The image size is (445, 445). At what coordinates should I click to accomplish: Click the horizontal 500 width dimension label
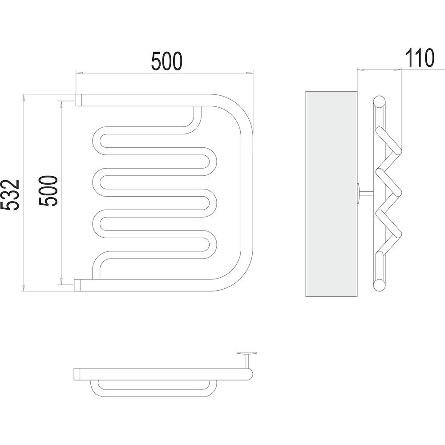pos(167,61)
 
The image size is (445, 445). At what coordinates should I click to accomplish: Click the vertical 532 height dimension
pos(10,194)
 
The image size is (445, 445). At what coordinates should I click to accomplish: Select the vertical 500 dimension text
pos(48,191)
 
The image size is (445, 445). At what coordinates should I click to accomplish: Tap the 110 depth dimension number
pos(419,58)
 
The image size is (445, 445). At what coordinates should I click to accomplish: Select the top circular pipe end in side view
pos(380,102)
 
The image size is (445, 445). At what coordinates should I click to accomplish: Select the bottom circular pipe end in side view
pos(380,285)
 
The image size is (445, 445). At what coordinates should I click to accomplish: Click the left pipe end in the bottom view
pos(77,374)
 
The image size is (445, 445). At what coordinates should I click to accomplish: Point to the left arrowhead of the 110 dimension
pos(361,69)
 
